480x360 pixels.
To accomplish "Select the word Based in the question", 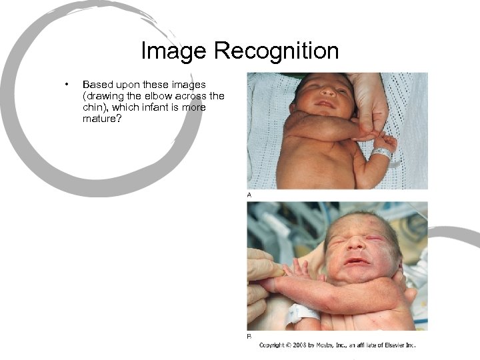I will click(x=97, y=85).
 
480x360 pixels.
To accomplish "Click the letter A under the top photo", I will click(x=249, y=195).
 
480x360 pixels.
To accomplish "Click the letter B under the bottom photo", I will click(x=249, y=337).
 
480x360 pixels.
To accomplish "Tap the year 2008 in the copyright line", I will click(x=300, y=345).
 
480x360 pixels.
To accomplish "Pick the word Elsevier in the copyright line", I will click(x=395, y=345).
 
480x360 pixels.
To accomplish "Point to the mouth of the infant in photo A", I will click(x=325, y=103).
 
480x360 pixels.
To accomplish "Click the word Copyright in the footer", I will click(x=273, y=345).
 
